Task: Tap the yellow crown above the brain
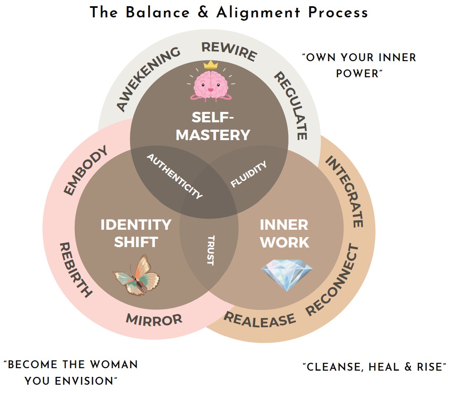tap(211, 64)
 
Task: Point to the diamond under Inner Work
tap(287, 272)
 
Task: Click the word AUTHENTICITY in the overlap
tap(175, 176)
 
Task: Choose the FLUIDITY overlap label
tap(249, 174)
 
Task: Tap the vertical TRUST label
tap(210, 250)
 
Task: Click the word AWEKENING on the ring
tap(148, 79)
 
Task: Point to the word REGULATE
tap(291, 105)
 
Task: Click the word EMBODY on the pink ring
tap(86, 170)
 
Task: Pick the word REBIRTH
tap(76, 270)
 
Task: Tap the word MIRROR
tap(154, 319)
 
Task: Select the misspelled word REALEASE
tap(260, 319)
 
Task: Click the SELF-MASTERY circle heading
tap(213, 126)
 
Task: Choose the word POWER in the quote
tap(357, 74)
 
